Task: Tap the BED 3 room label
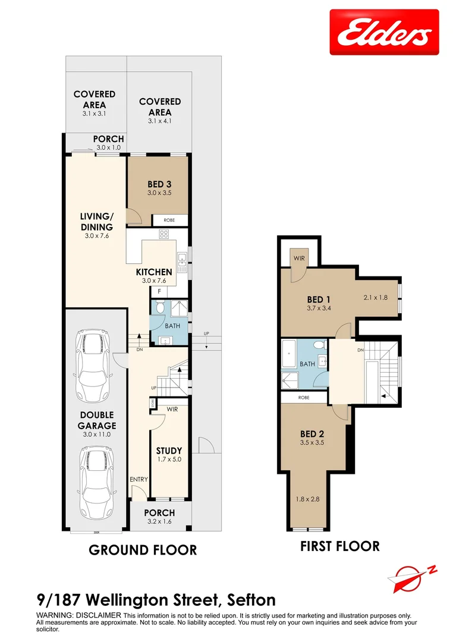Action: point(159,184)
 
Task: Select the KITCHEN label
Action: point(158,272)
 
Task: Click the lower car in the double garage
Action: point(92,475)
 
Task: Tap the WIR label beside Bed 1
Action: point(298,259)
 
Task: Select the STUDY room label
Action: point(169,451)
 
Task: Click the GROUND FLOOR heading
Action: point(143,550)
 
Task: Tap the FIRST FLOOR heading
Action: point(339,546)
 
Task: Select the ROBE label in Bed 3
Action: point(169,220)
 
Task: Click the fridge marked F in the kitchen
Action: point(159,291)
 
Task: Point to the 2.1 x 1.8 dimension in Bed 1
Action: point(375,297)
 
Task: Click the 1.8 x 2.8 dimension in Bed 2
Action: point(307,499)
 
